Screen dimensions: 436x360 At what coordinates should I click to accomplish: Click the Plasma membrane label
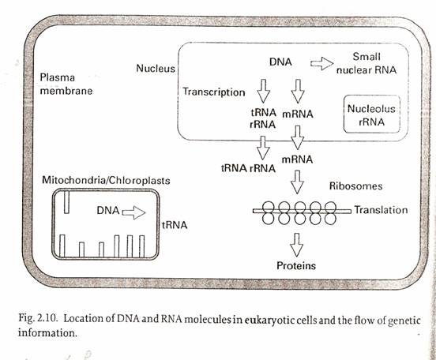coord(66,84)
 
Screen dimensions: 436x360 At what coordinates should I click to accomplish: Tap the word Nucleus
coord(156,69)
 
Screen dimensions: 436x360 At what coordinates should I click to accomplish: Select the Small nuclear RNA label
coord(366,63)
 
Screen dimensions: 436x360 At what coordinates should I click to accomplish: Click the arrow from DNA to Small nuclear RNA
coord(321,64)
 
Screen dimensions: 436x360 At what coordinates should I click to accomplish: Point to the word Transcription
coord(213,92)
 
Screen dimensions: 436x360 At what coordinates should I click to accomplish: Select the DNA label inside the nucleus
coord(280,62)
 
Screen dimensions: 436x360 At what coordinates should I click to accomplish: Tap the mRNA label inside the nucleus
coord(298,114)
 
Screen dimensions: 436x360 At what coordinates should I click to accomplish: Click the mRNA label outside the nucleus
coord(297,159)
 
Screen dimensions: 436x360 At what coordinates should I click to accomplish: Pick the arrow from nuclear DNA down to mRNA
coord(298,91)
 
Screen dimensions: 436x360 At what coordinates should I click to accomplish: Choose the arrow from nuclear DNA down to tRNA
coord(264,91)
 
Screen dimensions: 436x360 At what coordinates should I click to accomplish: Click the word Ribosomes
coord(355,186)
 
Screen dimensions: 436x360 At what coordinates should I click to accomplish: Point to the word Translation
coord(381,210)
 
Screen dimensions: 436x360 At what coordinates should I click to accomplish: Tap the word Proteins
coord(296,266)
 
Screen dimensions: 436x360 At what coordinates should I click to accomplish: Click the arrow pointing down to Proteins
coord(297,245)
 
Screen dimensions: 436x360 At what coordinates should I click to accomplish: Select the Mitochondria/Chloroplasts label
coord(106,181)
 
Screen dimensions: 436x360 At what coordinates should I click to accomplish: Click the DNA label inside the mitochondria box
coord(108,211)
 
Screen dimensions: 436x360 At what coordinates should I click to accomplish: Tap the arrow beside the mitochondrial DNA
coord(133,212)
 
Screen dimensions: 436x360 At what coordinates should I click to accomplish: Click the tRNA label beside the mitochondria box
coord(175,225)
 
